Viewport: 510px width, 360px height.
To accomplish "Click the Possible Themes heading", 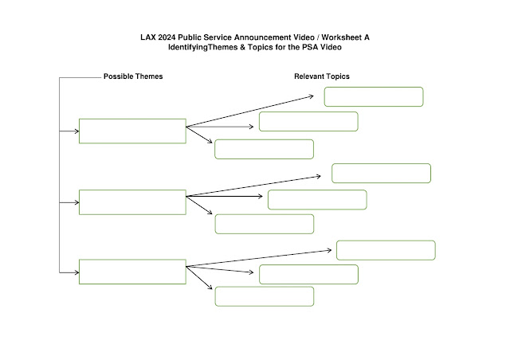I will [133, 77].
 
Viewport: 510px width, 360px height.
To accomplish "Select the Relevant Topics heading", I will [322, 77].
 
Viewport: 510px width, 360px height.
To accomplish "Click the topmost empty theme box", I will [132, 131].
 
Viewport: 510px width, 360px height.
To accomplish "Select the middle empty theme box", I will [132, 202].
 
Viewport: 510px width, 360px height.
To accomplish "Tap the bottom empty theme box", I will [132, 272].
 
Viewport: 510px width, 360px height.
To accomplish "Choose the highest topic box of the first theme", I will [373, 96].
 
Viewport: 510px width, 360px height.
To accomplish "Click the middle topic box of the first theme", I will [308, 122].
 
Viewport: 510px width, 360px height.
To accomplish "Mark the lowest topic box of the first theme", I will [264, 149].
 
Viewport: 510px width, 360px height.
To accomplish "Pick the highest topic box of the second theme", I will [381, 174].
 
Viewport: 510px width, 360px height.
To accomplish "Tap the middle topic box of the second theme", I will [317, 200].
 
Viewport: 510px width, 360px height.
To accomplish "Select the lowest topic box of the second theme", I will [264, 224].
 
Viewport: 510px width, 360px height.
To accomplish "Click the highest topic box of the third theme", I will [386, 250].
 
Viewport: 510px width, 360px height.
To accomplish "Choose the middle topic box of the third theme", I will [308, 274].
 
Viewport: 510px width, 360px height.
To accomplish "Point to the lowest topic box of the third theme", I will [264, 296].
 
